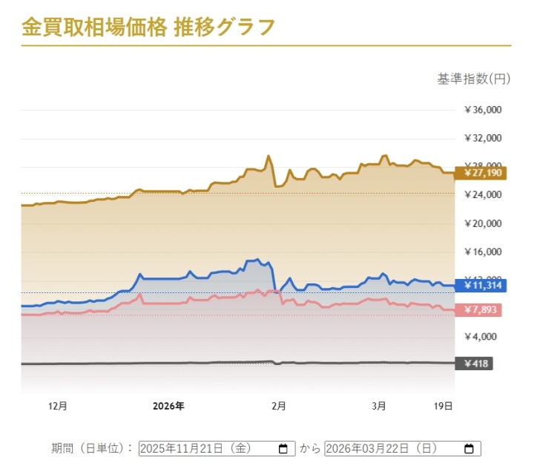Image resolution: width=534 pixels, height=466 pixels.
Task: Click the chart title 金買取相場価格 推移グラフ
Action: (x=148, y=27)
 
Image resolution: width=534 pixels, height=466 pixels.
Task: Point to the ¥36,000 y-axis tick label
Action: (x=483, y=110)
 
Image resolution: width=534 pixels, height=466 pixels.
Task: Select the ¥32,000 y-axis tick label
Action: (x=483, y=138)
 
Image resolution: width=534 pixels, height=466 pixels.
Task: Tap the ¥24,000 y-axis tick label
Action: (x=483, y=194)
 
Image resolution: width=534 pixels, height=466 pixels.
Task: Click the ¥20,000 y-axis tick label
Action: (x=483, y=223)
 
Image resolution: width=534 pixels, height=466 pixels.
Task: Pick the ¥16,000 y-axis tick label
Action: (x=483, y=252)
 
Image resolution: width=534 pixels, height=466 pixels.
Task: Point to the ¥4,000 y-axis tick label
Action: (x=485, y=336)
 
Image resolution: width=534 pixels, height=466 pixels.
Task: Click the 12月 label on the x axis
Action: (x=57, y=406)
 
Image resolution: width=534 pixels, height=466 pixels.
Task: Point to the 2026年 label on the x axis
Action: (x=168, y=406)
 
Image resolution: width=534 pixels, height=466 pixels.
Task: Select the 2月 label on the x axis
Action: (x=279, y=406)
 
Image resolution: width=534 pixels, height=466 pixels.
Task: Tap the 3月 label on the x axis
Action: (x=378, y=406)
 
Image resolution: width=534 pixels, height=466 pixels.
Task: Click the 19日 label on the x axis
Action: (x=443, y=406)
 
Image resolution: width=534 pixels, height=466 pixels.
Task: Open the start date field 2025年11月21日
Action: (x=208, y=449)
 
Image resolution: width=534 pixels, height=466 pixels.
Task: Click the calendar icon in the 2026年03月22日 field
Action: (x=469, y=449)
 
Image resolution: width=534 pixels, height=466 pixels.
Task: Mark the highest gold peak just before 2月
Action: (x=268, y=156)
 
